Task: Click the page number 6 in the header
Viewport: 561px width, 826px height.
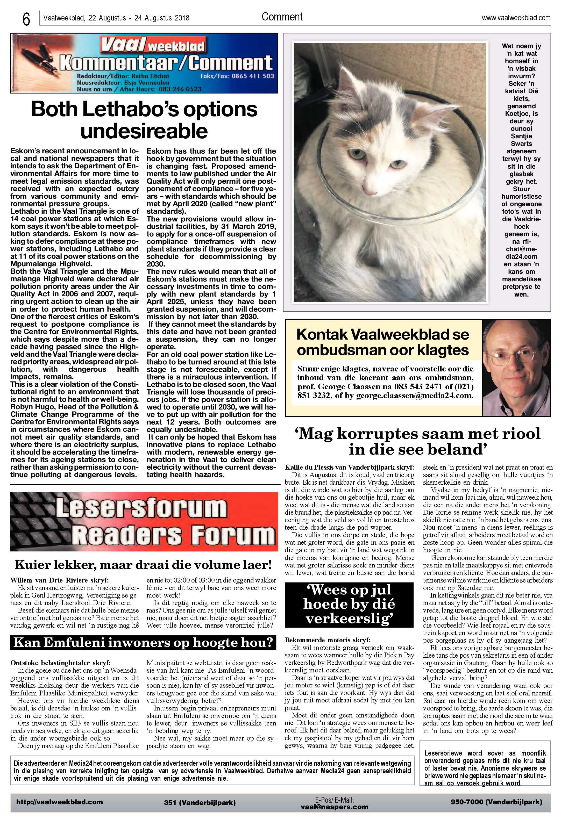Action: click(26, 19)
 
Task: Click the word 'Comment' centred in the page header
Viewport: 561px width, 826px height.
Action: click(282, 17)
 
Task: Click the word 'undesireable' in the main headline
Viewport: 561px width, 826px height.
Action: click(144, 131)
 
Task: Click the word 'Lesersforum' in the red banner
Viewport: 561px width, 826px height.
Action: click(141, 508)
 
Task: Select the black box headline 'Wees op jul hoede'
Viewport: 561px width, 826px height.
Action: click(349, 604)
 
